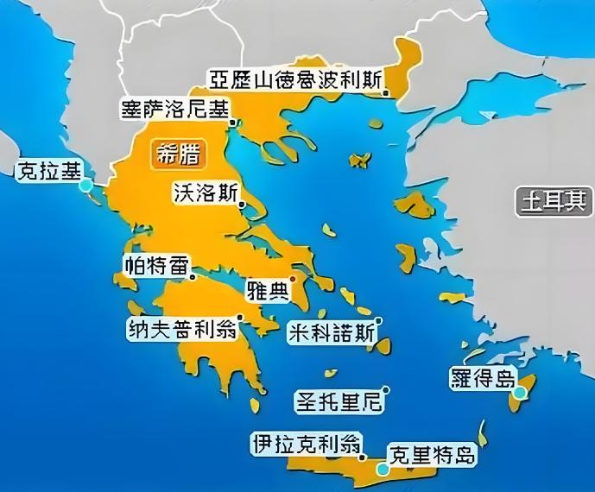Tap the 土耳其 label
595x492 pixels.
553,202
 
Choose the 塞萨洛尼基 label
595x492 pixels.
175,110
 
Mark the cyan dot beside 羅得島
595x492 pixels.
518,394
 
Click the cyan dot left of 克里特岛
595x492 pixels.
382,470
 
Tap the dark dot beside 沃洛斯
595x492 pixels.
242,204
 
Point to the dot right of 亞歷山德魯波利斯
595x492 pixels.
387,91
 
